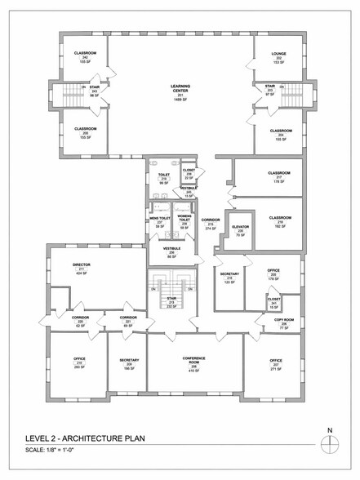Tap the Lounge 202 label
point(278,57)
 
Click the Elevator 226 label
point(240,230)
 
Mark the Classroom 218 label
point(280,222)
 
